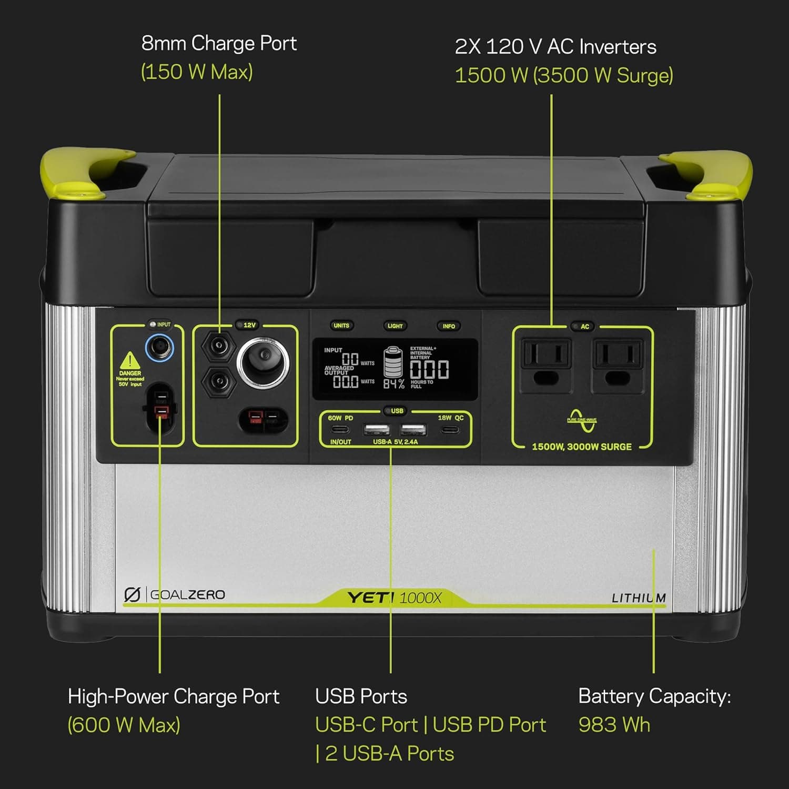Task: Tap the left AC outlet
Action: (545, 366)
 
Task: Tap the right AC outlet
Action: (618, 366)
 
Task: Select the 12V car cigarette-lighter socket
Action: (262, 363)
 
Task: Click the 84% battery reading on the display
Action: (393, 384)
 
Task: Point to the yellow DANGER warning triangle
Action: (129, 361)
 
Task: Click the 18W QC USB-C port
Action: (450, 430)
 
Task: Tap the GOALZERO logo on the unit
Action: (175, 595)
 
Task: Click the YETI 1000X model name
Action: (394, 598)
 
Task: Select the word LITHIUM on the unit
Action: (639, 598)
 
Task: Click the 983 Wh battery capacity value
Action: (614, 725)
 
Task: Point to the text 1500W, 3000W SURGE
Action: (582, 447)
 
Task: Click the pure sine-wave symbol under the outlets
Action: (582, 420)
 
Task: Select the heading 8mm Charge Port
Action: (219, 43)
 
